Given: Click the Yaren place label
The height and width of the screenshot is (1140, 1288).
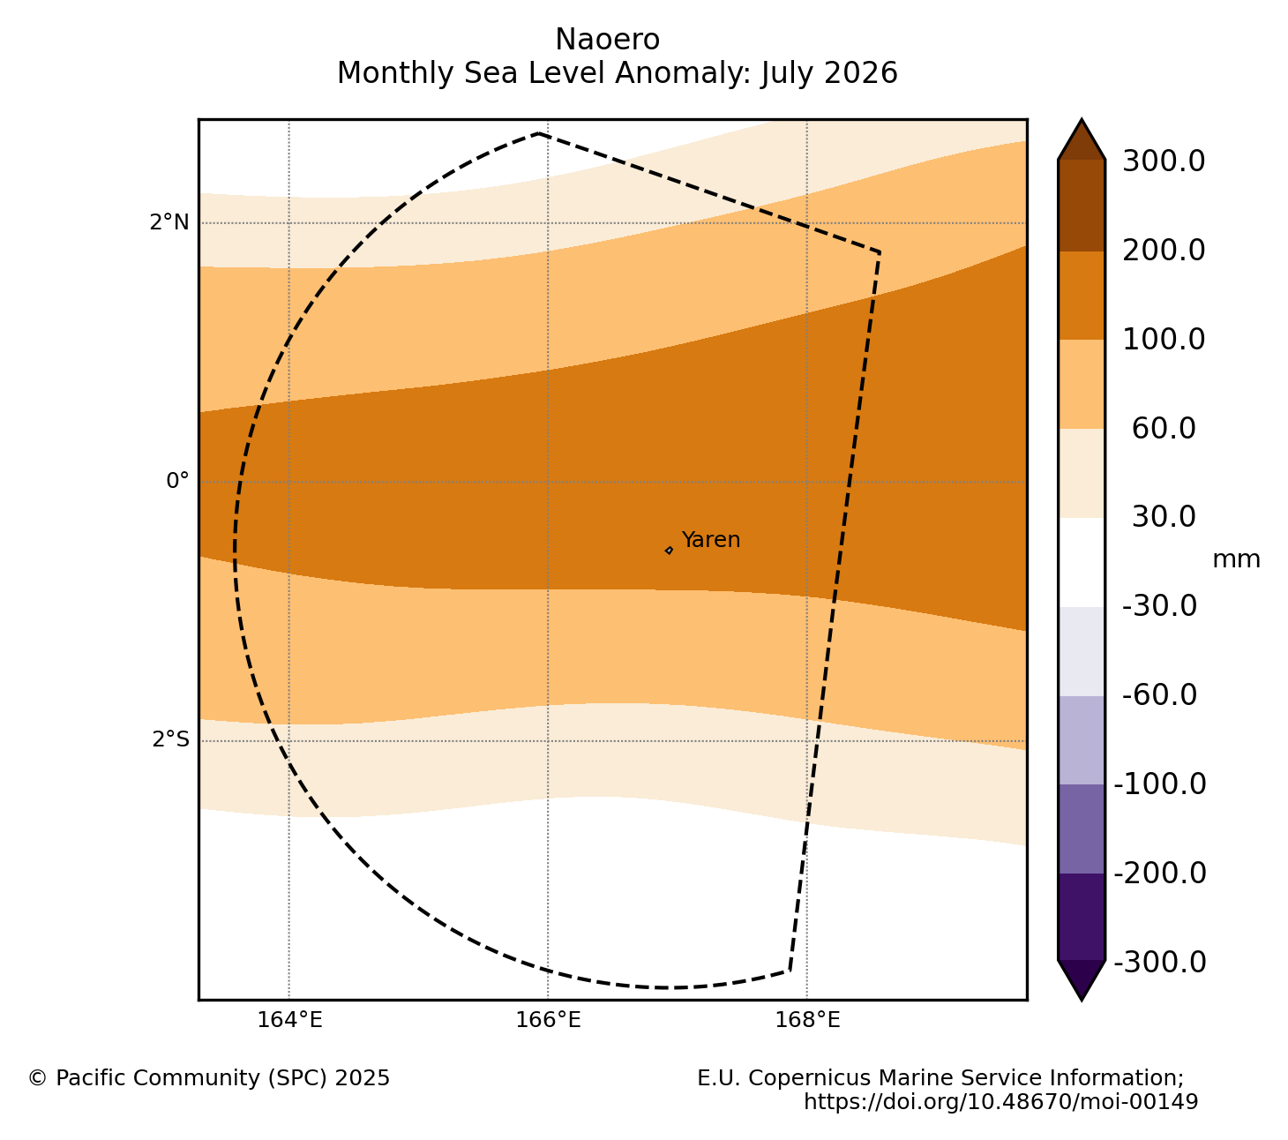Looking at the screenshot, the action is [x=710, y=540].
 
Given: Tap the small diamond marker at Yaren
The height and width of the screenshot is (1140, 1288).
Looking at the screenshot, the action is [x=669, y=551].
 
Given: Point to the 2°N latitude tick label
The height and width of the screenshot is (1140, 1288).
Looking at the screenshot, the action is [x=169, y=222].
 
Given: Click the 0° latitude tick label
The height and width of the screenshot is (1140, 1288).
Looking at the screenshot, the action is [x=178, y=481].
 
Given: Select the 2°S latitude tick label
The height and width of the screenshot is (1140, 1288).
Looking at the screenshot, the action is [x=170, y=739].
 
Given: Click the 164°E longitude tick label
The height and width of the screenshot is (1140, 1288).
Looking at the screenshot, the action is [x=289, y=1021].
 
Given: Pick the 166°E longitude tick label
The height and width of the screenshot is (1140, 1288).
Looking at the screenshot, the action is [x=548, y=1021].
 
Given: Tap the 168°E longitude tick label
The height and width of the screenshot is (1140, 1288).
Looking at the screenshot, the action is [x=806, y=1021].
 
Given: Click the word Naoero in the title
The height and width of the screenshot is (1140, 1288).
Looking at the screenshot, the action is [x=608, y=40].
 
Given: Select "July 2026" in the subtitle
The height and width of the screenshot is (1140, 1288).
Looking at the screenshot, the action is [x=829, y=73].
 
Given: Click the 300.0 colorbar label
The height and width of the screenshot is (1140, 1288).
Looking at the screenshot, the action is [x=1164, y=161].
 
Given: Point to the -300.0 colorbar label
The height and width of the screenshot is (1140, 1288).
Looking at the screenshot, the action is [x=1159, y=962].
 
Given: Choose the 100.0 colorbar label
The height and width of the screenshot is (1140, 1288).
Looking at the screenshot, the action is [x=1164, y=339].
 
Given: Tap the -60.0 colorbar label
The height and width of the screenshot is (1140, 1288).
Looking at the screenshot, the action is [x=1159, y=694].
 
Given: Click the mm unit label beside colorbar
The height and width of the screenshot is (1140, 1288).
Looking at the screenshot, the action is [x=1236, y=559].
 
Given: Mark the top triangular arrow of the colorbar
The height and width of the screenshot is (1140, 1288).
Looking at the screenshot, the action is [x=1082, y=140].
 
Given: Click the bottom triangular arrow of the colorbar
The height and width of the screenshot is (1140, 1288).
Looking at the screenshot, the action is [x=1082, y=979].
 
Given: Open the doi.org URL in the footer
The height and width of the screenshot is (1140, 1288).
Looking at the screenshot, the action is [x=1000, y=1102].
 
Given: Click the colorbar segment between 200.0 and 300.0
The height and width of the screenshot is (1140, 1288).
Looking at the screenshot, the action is [x=1082, y=206].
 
